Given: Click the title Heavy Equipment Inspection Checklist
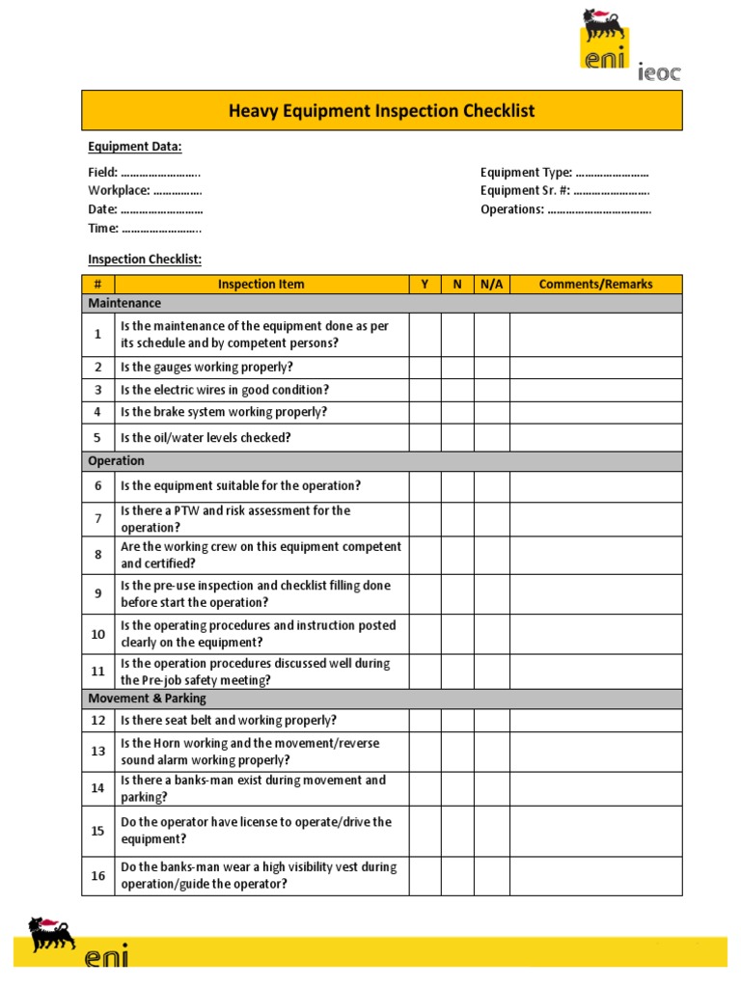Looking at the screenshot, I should point(381,111).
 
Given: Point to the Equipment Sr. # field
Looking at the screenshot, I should point(564,191).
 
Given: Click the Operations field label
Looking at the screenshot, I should point(564,209).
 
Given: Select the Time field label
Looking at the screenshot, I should point(144,229).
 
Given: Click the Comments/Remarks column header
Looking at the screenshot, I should point(595,284).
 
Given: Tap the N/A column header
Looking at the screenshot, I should point(491,284).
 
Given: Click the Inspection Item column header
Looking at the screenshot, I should point(261,284).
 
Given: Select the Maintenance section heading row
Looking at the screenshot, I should point(381,303).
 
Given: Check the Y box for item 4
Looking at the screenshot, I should point(425,412).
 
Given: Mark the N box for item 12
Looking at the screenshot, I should point(457,721).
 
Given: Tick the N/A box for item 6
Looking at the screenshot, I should point(491,486).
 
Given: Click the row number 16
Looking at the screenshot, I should point(97,876).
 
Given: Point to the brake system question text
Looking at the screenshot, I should point(224,412).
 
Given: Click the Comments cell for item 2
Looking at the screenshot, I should point(595,367).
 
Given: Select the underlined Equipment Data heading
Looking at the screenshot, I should point(135,147).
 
